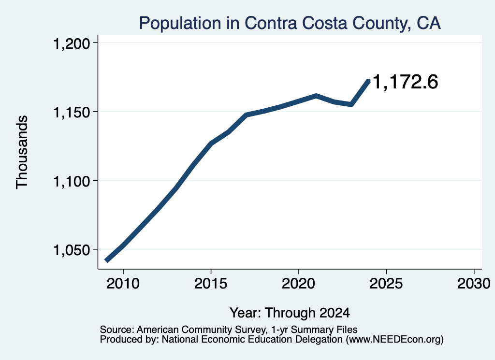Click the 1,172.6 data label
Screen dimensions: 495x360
point(406,82)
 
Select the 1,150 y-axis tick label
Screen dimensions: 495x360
point(72,112)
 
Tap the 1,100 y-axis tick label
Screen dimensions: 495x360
point(72,181)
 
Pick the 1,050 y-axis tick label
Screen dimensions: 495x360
point(72,250)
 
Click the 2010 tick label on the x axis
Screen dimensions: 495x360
point(123,284)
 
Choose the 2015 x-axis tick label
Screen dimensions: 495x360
point(211,284)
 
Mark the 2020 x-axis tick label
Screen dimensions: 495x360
point(298,284)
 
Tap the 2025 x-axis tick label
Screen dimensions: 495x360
point(386,284)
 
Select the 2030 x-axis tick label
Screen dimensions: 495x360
point(474,284)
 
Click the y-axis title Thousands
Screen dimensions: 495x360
point(22,152)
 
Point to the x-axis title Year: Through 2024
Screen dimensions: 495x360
point(290,313)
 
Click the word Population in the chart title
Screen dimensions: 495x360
point(180,24)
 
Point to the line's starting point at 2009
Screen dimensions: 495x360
point(107,260)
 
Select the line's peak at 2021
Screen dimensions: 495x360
point(316,96)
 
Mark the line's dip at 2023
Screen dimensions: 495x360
point(351,104)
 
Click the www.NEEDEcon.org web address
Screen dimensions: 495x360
point(394,340)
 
